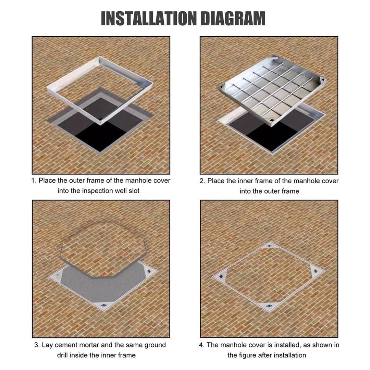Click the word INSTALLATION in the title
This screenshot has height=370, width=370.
tap(148, 18)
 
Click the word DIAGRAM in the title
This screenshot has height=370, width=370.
tap(233, 18)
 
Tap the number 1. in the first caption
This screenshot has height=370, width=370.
tap(34, 181)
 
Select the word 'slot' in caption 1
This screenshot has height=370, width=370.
tap(134, 191)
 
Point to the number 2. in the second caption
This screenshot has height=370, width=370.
tap(202, 181)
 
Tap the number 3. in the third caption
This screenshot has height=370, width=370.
tap(37, 345)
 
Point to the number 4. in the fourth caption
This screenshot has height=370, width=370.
tap(201, 345)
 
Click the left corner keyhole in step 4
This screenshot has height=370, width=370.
tap(221, 276)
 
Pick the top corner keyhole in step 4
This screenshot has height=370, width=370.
tap(270, 246)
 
